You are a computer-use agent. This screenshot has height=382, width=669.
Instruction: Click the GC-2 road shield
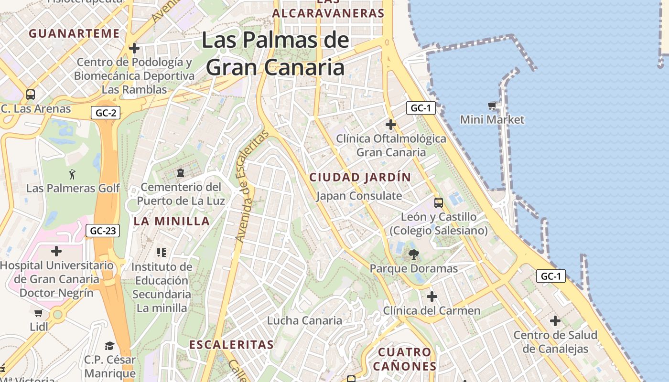pyautogui.click(x=106, y=113)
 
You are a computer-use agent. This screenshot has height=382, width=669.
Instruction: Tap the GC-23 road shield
pyautogui.click(x=103, y=231)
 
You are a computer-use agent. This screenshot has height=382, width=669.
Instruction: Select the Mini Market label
pyautogui.click(x=492, y=119)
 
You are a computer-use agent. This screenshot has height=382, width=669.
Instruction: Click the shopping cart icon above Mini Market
pyautogui.click(x=492, y=106)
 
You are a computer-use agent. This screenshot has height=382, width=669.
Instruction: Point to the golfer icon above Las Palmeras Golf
pyautogui.click(x=72, y=174)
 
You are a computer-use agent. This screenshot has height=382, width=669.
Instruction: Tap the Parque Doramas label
pyautogui.click(x=414, y=268)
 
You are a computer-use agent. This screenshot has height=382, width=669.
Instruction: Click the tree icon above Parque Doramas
pyautogui.click(x=413, y=255)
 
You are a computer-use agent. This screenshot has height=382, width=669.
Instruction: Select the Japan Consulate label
pyautogui.click(x=359, y=196)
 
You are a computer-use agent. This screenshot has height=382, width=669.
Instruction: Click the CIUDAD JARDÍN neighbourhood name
pyautogui.click(x=360, y=177)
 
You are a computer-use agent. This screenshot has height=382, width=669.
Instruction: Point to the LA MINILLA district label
pyautogui.click(x=172, y=221)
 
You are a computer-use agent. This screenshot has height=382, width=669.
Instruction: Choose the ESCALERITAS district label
pyautogui.click(x=231, y=344)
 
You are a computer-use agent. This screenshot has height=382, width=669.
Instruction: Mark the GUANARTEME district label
pyautogui.click(x=74, y=33)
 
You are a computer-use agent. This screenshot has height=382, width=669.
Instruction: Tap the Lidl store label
pyautogui.click(x=39, y=327)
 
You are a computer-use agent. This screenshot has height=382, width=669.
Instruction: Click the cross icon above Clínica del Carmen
pyautogui.click(x=432, y=297)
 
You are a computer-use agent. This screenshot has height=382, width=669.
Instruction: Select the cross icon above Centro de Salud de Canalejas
pyautogui.click(x=555, y=320)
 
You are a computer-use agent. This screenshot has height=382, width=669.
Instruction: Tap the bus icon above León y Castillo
pyautogui.click(x=439, y=202)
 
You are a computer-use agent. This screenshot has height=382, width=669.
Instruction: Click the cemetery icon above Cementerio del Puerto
pyautogui.click(x=181, y=172)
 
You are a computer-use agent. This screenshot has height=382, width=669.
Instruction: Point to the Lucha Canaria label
pyautogui.click(x=304, y=320)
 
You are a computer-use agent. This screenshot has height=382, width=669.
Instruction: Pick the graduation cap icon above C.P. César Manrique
pyautogui.click(x=110, y=345)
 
